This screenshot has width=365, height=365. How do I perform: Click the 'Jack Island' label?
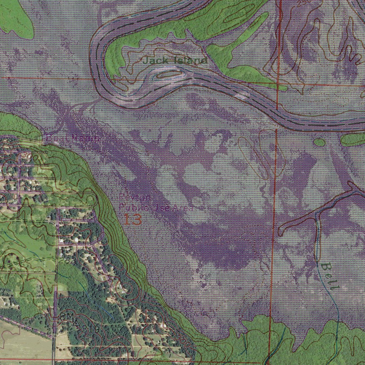(175, 61)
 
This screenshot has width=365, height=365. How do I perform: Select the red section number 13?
(133, 220)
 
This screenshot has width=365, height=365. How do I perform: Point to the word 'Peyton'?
(130, 197)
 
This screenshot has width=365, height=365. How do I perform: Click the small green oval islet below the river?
(320, 143)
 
